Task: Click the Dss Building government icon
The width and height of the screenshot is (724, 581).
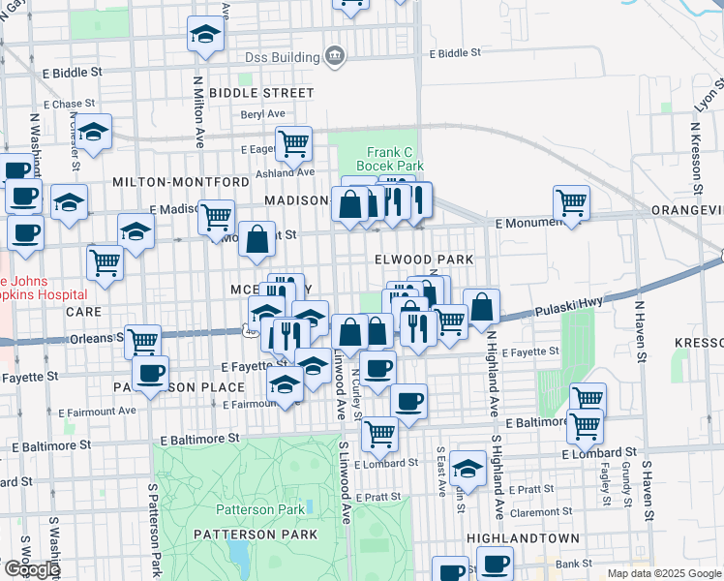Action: pyautogui.click(x=335, y=56)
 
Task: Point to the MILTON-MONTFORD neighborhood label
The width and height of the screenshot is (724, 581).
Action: pyautogui.click(x=181, y=182)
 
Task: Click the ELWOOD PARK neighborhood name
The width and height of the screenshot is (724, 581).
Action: pyautogui.click(x=425, y=260)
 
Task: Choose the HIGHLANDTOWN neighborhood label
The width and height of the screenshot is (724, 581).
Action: pyautogui.click(x=522, y=537)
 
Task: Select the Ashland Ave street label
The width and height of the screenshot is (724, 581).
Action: pyautogui.click(x=286, y=172)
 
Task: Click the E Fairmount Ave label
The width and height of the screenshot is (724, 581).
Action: pyautogui.click(x=101, y=410)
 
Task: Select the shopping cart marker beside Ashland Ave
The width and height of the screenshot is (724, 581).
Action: pyautogui.click(x=293, y=143)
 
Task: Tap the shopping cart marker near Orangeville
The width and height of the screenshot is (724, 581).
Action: pyautogui.click(x=572, y=203)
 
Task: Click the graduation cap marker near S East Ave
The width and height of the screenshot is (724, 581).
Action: pyautogui.click(x=468, y=470)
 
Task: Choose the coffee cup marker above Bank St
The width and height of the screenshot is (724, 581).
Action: pyautogui.click(x=496, y=563)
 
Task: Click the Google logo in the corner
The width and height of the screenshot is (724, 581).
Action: pyautogui.click(x=31, y=569)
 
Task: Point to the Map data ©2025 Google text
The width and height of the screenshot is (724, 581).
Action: pyautogui.click(x=663, y=573)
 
